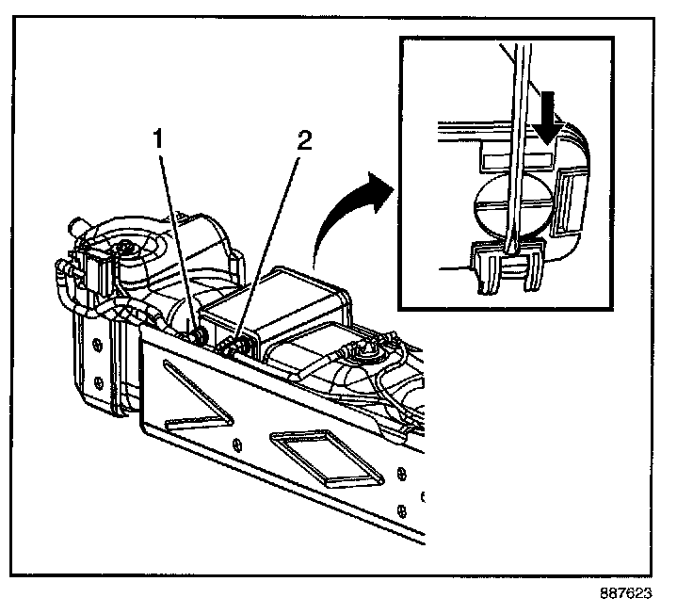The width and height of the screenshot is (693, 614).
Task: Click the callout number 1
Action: pos(159,138)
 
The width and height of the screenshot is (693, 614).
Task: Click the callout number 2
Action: pos(302,140)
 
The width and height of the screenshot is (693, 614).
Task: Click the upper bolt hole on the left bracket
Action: pos(97,342)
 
